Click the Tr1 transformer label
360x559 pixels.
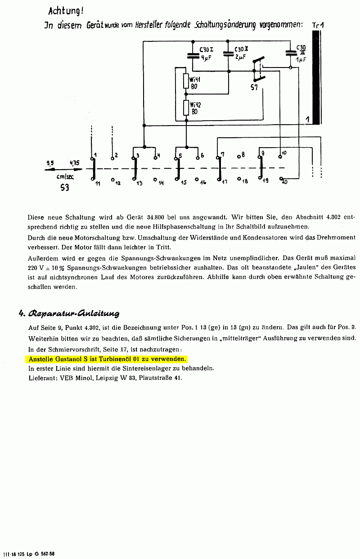[x=318, y=26]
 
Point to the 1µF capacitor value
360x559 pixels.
[x=301, y=59]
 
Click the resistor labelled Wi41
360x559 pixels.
[x=186, y=81]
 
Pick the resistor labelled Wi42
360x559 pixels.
[x=186, y=108]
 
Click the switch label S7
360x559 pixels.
[x=254, y=87]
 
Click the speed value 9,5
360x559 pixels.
[x=50, y=162]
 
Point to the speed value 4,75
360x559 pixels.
[x=74, y=162]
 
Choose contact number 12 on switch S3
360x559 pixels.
[x=118, y=184]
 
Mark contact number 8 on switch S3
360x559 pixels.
[x=243, y=154]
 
